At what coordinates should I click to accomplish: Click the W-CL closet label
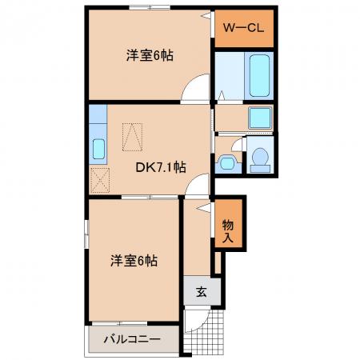[243, 27]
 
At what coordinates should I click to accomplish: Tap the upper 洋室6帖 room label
[150, 56]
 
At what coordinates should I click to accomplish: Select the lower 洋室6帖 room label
[134, 261]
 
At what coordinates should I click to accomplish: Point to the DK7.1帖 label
[161, 167]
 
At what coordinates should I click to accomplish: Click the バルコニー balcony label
[132, 339]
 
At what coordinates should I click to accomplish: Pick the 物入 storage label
[228, 231]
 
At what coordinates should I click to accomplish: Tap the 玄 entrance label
[202, 292]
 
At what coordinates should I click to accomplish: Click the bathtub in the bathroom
[259, 75]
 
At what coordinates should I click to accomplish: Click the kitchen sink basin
[98, 150]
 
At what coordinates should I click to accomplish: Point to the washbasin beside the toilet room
[227, 163]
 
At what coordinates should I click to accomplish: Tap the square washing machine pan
[260, 118]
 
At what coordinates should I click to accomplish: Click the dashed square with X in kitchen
[100, 180]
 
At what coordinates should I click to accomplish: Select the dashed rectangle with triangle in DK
[132, 137]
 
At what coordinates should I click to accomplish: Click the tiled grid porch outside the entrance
[204, 332]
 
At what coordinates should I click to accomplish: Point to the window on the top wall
[150, 7]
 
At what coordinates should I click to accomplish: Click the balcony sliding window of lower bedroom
[119, 323]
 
